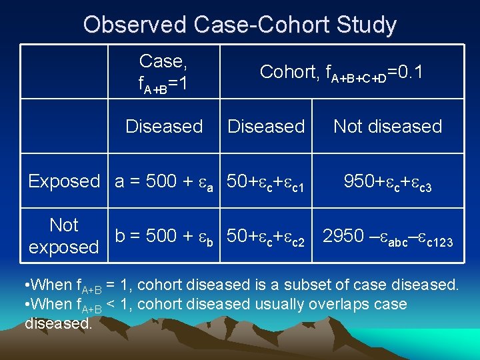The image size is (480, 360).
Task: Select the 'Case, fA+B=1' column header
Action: (x=164, y=73)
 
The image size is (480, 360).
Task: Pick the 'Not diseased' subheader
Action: (x=387, y=126)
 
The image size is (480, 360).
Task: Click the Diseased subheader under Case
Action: (x=164, y=126)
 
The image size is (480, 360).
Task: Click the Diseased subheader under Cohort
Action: (x=266, y=126)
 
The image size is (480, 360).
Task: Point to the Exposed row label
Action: (x=64, y=181)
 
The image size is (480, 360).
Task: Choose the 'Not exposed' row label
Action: (x=64, y=236)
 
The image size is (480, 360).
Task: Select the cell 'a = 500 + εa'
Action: (x=164, y=181)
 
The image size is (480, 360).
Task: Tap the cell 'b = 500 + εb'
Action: (x=164, y=236)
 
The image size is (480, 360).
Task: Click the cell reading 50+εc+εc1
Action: (x=266, y=181)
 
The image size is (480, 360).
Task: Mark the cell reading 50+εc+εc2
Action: (x=266, y=236)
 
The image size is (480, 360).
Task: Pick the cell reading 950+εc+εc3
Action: (x=387, y=181)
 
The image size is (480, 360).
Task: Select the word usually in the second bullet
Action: (x=274, y=304)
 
